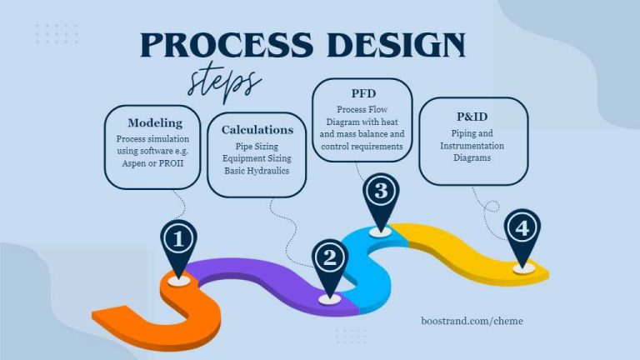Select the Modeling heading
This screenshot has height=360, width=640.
[x=155, y=123]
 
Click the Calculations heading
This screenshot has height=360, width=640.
[x=257, y=130]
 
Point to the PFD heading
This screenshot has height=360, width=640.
[x=362, y=94]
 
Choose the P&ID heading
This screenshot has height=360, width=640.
[x=473, y=116]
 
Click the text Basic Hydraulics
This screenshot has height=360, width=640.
[x=257, y=172]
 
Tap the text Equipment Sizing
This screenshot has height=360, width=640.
[x=257, y=158]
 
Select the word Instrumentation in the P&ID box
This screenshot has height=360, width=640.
[x=473, y=146]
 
